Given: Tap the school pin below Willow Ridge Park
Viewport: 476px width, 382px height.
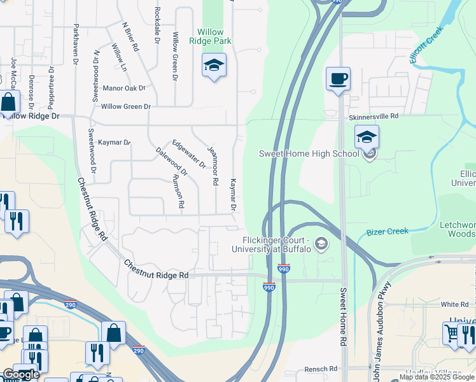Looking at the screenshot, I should [214, 66].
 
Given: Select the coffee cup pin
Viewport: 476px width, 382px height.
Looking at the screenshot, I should [338, 80].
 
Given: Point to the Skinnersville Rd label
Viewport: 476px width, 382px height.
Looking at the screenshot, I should [373, 117].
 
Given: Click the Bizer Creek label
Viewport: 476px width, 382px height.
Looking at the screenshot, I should [387, 232].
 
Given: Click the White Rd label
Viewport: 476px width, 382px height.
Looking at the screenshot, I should [454, 304].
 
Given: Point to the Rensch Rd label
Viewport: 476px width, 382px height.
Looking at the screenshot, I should [321, 369].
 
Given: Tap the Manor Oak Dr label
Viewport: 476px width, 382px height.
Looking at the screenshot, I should [124, 88].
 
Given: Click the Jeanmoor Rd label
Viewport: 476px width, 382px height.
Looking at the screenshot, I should [213, 164].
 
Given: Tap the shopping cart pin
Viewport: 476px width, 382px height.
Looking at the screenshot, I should [451, 333].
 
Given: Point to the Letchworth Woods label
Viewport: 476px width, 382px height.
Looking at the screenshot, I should [457, 230].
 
